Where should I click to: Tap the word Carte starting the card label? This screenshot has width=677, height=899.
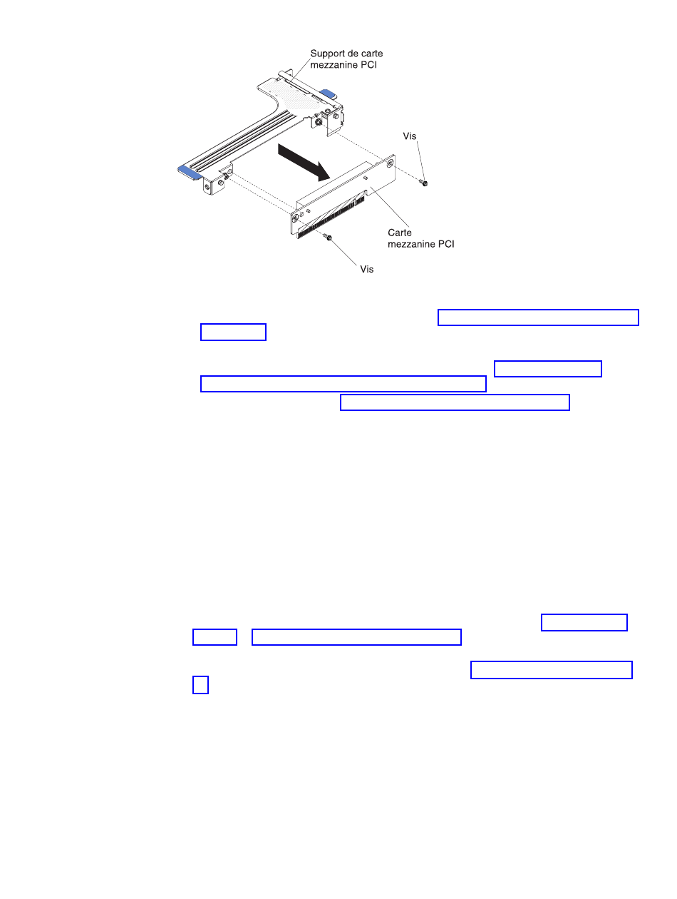coord(399,232)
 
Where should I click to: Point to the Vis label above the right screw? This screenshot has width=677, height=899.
coord(409,136)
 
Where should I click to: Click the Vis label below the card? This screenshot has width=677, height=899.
coord(366,269)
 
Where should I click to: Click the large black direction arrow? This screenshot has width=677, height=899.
coord(304,162)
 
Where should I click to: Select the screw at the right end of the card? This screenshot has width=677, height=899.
coord(423,182)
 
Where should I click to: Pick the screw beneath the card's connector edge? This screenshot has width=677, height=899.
coord(327,237)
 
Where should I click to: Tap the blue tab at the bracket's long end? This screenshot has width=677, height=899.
coord(190,173)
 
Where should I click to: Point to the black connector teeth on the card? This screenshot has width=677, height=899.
coord(331,216)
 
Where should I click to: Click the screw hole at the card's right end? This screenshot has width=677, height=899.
coord(389,163)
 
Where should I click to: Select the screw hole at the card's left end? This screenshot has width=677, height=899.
coord(295,218)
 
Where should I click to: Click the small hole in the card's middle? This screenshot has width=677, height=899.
coord(366,178)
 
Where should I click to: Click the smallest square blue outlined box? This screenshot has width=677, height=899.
coord(200,684)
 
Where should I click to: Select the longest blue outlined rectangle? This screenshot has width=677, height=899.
coord(343,383)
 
